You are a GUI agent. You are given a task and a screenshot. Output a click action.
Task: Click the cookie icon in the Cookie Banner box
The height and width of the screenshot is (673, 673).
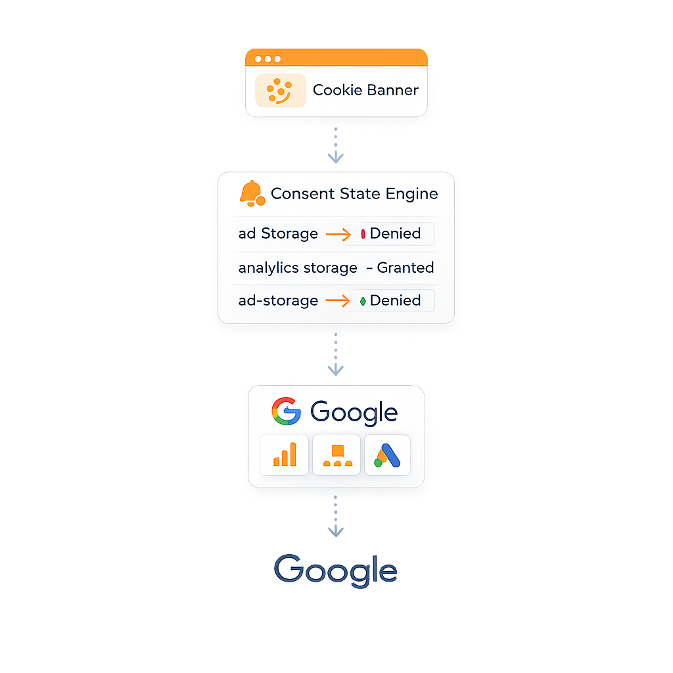tap(280, 91)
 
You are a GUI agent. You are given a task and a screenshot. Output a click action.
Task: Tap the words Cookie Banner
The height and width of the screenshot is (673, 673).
tap(365, 90)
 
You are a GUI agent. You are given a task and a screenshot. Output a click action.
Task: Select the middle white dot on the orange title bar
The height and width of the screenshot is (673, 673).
tap(267, 59)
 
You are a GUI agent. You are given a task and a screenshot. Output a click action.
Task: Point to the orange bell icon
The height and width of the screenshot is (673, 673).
tap(251, 193)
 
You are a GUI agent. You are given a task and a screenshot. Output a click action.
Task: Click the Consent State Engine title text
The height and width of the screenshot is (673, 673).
tap(354, 194)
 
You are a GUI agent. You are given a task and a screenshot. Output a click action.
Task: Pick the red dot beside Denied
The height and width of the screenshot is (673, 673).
tap(363, 234)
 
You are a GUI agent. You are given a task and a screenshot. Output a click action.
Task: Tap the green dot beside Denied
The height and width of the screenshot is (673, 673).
tap(363, 301)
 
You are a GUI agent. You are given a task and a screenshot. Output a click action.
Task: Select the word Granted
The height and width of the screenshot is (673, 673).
tap(405, 267)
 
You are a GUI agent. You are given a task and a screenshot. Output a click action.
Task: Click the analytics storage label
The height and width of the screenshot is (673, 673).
tap(298, 267)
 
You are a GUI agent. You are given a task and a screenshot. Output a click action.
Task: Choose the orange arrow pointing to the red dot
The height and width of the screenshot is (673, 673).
tap(338, 234)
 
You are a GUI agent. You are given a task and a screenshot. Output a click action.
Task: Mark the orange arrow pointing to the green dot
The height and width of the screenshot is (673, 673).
tap(338, 301)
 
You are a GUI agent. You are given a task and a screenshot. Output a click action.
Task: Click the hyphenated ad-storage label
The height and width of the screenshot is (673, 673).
tap(278, 300)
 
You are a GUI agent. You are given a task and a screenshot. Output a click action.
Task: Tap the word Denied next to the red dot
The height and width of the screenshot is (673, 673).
tap(395, 233)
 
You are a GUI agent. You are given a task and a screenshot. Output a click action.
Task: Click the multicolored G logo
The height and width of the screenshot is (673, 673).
tap(286, 412)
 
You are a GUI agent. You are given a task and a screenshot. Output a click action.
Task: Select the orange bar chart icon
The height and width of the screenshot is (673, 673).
tap(285, 454)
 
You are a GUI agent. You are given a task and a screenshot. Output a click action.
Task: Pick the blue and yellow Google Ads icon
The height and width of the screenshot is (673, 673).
tap(387, 454)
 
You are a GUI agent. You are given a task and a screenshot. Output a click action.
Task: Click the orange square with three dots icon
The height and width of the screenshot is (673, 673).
tap(336, 455)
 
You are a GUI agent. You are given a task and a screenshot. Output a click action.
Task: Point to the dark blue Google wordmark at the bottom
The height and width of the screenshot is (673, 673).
tap(336, 569)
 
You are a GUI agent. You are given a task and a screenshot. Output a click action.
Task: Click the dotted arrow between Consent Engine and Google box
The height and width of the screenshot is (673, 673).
tap(336, 355)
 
